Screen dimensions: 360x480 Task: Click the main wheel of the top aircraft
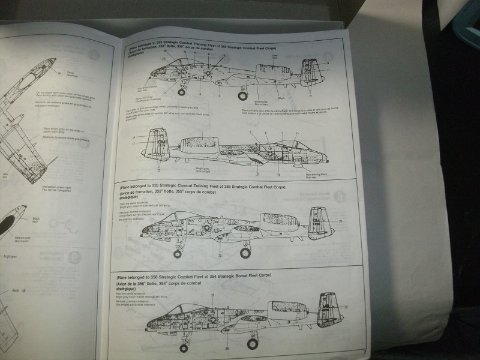[243, 95]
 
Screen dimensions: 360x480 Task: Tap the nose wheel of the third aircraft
[177, 253]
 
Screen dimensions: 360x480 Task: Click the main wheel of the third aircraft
[245, 253]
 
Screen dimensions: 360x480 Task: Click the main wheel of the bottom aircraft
[253, 344]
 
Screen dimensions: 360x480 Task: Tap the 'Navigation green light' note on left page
[57, 187]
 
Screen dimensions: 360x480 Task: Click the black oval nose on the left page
[7, 226]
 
